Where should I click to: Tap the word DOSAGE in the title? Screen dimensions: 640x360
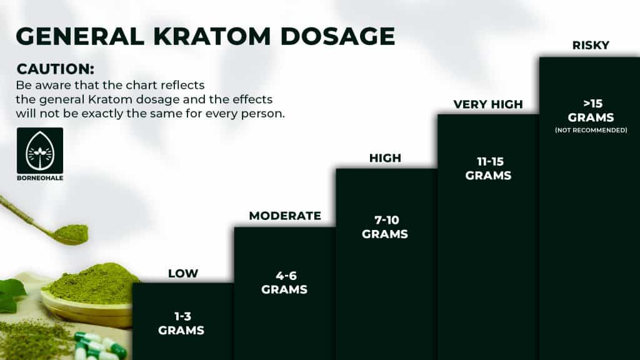(x=337, y=36)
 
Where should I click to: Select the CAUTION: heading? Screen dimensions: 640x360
(x=56, y=69)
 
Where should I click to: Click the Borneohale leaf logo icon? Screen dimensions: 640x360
(x=40, y=150)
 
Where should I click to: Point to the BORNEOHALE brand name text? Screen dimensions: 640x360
(x=40, y=178)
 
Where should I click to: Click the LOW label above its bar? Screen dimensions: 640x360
(x=183, y=274)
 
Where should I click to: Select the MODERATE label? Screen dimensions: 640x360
(x=285, y=216)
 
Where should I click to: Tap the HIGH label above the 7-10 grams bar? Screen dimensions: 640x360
(x=385, y=158)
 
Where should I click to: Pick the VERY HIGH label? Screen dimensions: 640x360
(x=488, y=104)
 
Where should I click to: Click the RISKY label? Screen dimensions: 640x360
(x=591, y=45)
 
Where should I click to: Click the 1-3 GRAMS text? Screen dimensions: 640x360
(x=181, y=323)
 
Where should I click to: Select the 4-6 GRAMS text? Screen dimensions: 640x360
(x=284, y=282)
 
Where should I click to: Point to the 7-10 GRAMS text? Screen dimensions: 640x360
(x=385, y=227)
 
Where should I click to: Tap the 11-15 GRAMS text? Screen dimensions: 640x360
(x=488, y=168)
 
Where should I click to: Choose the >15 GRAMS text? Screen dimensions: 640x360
(x=591, y=111)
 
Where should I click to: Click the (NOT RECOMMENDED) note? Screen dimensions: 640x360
(x=591, y=130)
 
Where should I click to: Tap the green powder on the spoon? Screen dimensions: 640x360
(x=72, y=233)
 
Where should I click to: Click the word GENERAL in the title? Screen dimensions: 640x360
(x=80, y=36)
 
